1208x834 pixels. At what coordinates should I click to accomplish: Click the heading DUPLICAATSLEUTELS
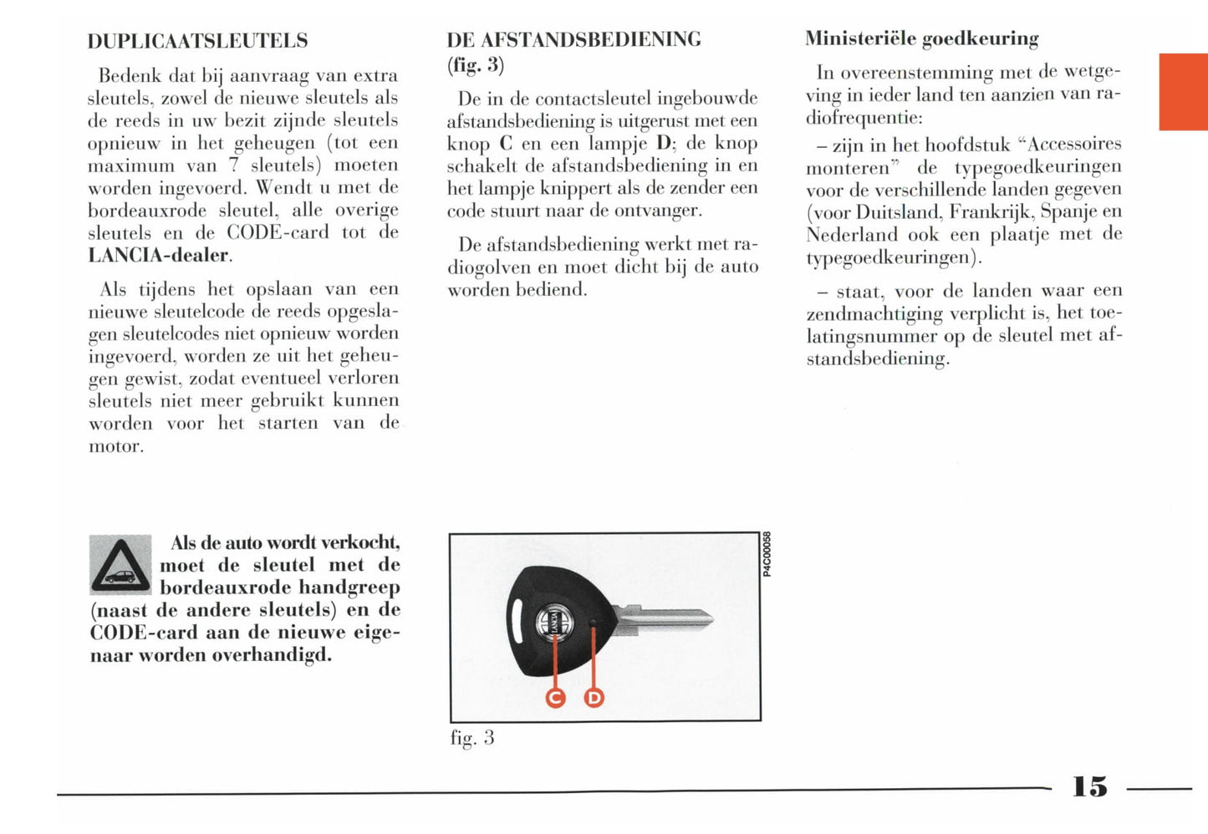click(x=197, y=41)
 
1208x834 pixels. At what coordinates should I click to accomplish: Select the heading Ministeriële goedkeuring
click(x=921, y=38)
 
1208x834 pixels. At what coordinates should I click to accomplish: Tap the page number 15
click(x=1089, y=786)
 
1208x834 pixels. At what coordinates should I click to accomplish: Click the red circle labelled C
click(x=555, y=697)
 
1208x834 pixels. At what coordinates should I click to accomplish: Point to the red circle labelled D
click(x=594, y=697)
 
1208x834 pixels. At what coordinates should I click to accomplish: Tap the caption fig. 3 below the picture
click(x=472, y=738)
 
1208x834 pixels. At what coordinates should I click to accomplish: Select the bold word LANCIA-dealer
click(x=158, y=255)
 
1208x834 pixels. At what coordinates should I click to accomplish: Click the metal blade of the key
click(x=669, y=619)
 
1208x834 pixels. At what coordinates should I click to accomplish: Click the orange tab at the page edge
click(x=1183, y=92)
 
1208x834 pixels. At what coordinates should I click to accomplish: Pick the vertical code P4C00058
click(x=767, y=554)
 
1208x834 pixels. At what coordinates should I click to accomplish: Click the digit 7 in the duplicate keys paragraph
click(x=234, y=165)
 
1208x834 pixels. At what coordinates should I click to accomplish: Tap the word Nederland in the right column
click(x=851, y=234)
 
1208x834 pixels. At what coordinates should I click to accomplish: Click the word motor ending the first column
click(x=116, y=446)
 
